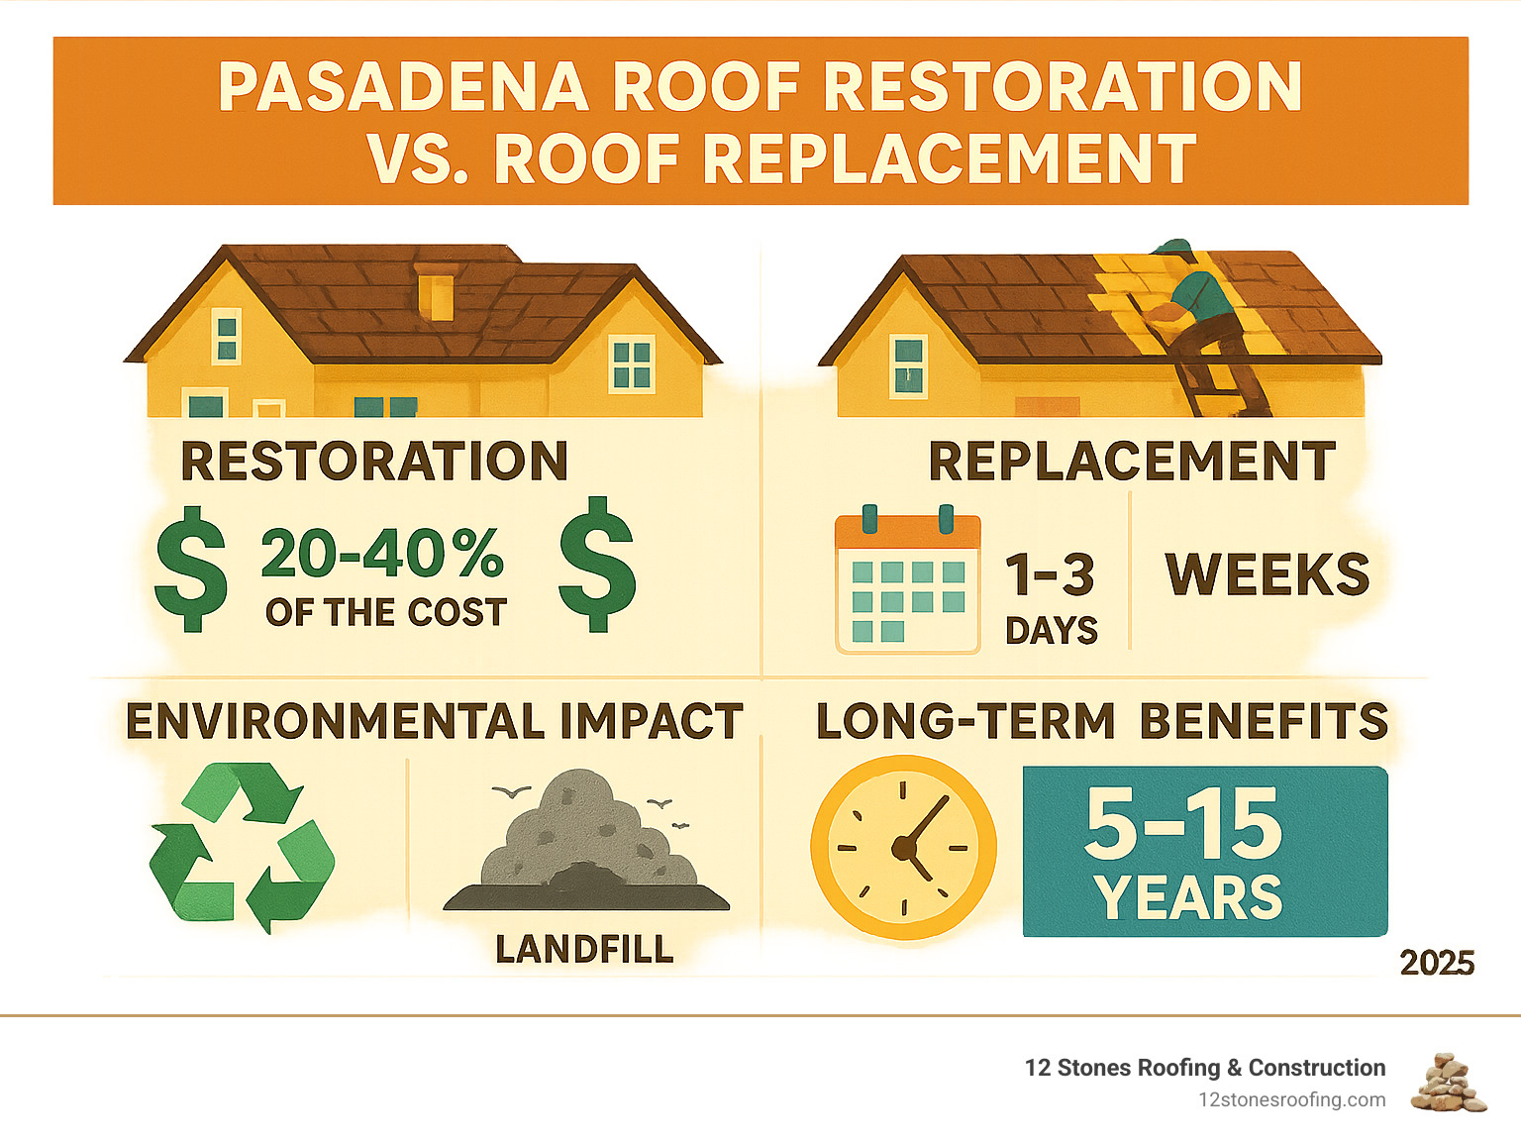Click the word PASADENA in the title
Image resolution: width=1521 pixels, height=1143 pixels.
pyautogui.click(x=404, y=86)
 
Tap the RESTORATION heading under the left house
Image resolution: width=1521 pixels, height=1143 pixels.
pyautogui.click(x=374, y=461)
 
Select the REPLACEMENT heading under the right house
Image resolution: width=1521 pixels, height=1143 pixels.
pyautogui.click(x=1132, y=461)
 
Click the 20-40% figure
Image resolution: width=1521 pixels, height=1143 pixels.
pyautogui.click(x=382, y=553)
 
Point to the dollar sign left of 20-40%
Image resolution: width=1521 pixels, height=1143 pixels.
pyautogui.click(x=191, y=569)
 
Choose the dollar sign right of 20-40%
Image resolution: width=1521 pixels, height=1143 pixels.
pyautogui.click(x=597, y=565)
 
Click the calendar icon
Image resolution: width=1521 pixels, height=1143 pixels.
pyautogui.click(x=908, y=580)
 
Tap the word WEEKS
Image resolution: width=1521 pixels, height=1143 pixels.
pyautogui.click(x=1267, y=574)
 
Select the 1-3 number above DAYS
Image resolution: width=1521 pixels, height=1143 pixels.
pyautogui.click(x=1050, y=574)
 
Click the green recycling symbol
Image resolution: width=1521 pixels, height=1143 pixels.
pyautogui.click(x=243, y=847)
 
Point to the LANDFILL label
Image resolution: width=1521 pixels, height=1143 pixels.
pyautogui.click(x=584, y=950)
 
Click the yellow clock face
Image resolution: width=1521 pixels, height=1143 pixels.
pyautogui.click(x=904, y=847)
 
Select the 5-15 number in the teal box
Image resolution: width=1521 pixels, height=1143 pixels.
pyautogui.click(x=1183, y=824)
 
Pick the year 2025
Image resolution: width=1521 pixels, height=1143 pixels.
pyautogui.click(x=1437, y=964)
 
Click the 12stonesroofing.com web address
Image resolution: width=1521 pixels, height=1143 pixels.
pyautogui.click(x=1292, y=1100)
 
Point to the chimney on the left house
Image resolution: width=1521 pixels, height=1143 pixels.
pyautogui.click(x=434, y=291)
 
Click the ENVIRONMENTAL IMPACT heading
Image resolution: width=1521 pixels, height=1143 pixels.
pyautogui.click(x=435, y=722)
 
